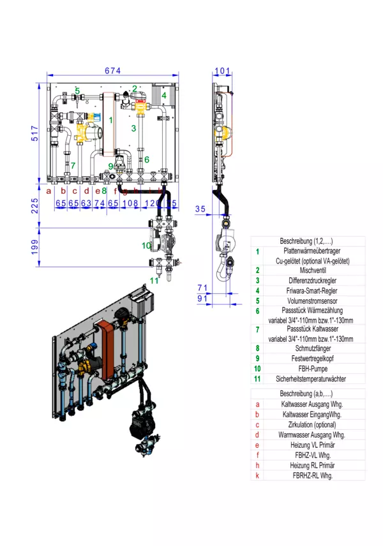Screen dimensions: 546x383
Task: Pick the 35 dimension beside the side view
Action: pyautogui.click(x=200, y=209)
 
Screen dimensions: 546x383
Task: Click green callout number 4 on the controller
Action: pyautogui.click(x=164, y=96)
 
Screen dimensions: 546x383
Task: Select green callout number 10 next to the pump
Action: pyautogui.click(x=146, y=245)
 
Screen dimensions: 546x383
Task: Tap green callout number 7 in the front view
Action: pyautogui.click(x=73, y=166)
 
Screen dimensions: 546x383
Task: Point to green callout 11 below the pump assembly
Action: pyautogui.click(x=154, y=280)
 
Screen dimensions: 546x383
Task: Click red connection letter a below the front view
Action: pyautogui.click(x=49, y=191)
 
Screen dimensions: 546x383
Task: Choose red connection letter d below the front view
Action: pyautogui.click(x=87, y=191)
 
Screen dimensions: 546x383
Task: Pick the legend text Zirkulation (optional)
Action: pyautogui.click(x=308, y=424)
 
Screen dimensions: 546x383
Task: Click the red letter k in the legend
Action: pyautogui.click(x=258, y=475)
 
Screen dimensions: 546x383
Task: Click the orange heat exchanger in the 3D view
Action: pyautogui.click(x=106, y=348)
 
